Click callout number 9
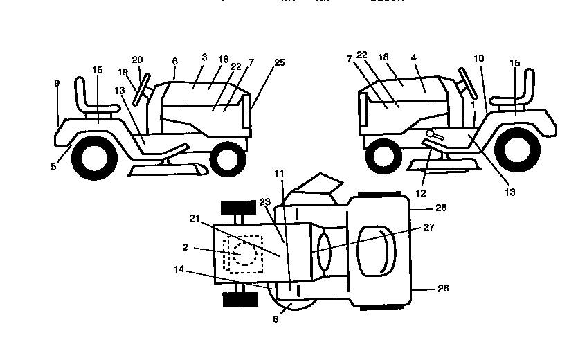coord(57,83)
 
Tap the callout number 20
coord(137,60)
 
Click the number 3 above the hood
coord(204,57)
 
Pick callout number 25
coord(279,62)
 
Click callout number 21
coord(194,218)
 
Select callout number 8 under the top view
coord(276,320)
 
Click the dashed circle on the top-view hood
coord(244,253)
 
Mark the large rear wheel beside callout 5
coord(92,158)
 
